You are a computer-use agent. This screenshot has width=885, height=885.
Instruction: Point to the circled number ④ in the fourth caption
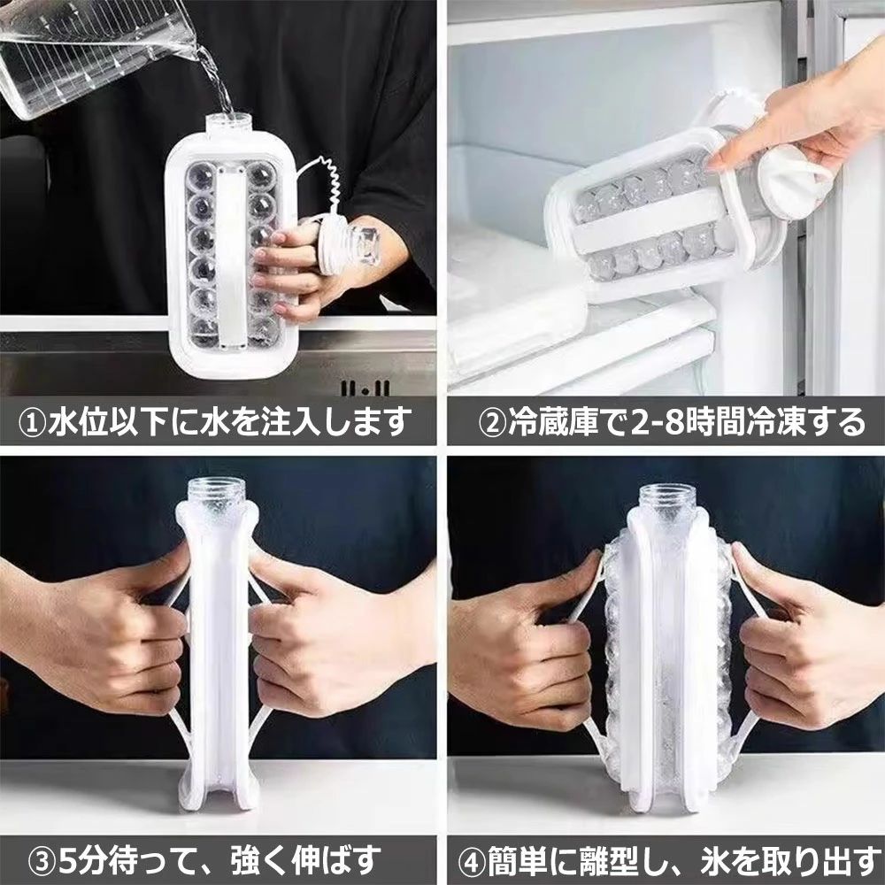[x=473, y=862]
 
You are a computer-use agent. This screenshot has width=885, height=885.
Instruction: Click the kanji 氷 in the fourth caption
[x=716, y=862]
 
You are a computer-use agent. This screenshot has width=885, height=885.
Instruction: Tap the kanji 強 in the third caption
[x=245, y=862]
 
